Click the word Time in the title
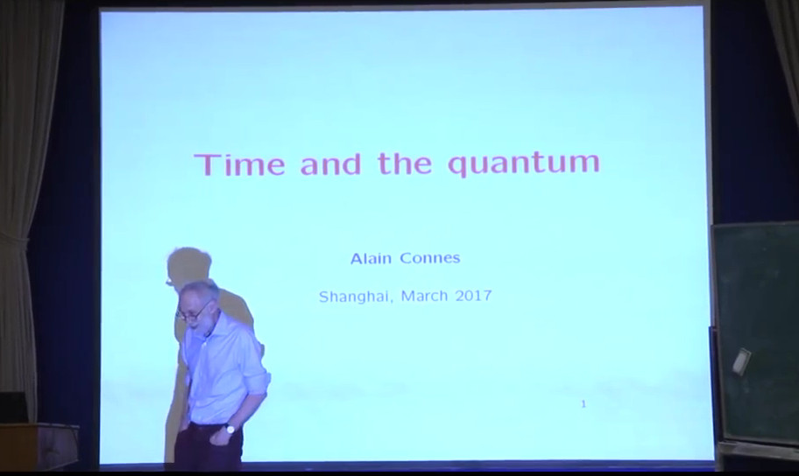(239, 164)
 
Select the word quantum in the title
(523, 164)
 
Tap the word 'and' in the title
(330, 164)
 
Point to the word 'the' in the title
(405, 164)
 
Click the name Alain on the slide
(371, 258)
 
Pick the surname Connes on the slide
(430, 258)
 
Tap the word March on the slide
(424, 296)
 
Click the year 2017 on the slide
(473, 296)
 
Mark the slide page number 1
(583, 404)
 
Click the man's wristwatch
(230, 429)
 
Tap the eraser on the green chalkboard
(741, 361)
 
